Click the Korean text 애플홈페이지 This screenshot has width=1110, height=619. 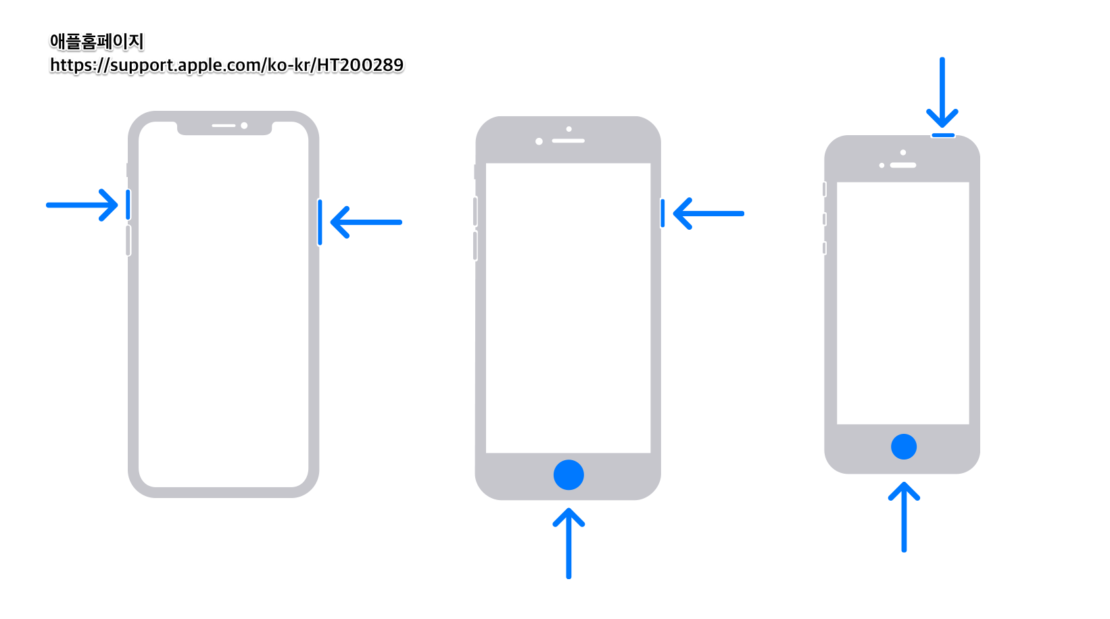click(x=97, y=41)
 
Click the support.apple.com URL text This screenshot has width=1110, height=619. click(x=226, y=65)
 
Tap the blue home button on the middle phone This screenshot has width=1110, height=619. click(x=569, y=475)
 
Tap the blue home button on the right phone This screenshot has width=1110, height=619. click(x=904, y=447)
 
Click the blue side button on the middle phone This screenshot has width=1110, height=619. click(x=662, y=213)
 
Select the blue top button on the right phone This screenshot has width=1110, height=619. click(x=943, y=135)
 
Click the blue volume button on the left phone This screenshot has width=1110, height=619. click(x=128, y=204)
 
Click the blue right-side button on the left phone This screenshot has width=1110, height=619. click(x=320, y=222)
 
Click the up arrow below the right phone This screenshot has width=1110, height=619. click(x=904, y=516)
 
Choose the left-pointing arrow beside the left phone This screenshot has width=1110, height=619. click(x=366, y=222)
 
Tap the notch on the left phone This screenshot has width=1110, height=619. click(x=224, y=128)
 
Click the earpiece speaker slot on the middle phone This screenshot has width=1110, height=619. click(x=568, y=141)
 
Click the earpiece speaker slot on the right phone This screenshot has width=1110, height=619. click(x=903, y=165)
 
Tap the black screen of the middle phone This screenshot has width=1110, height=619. click(x=568, y=307)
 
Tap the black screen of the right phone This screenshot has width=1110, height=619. click(x=903, y=303)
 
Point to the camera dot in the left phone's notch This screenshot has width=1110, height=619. click(x=244, y=126)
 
